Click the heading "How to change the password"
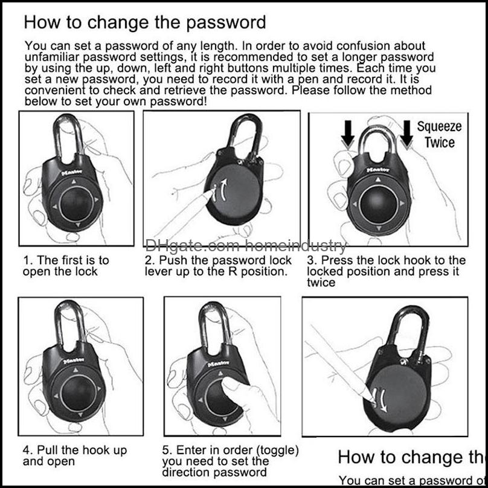point(144,23)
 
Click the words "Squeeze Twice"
point(439,135)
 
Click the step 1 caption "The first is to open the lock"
point(66,266)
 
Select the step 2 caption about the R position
point(218,266)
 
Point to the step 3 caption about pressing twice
point(386,271)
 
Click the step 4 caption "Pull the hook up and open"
point(75,455)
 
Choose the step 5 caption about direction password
point(230,461)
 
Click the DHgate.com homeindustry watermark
point(247,246)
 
